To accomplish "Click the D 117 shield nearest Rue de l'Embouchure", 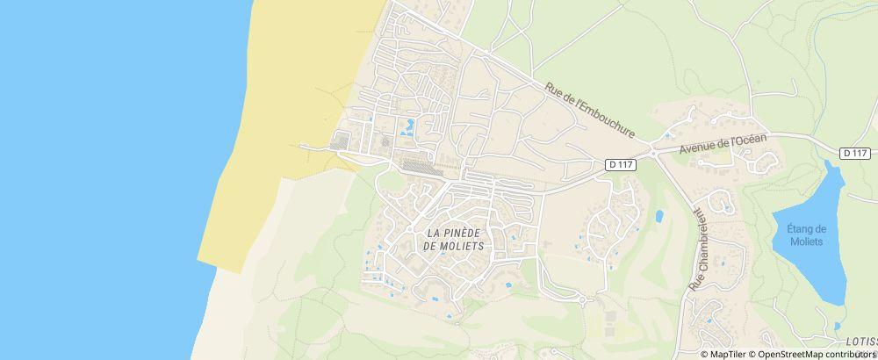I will (621, 164).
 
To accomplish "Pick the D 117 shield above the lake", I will (855, 153).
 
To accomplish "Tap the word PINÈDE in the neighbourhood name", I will (457, 233).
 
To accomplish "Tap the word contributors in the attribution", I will (853, 354).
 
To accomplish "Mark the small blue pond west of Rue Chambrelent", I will (659, 215).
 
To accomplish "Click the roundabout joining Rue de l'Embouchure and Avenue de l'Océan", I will (653, 150).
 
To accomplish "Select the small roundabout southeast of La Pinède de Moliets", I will (581, 299).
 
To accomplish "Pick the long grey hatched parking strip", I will (418, 166).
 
